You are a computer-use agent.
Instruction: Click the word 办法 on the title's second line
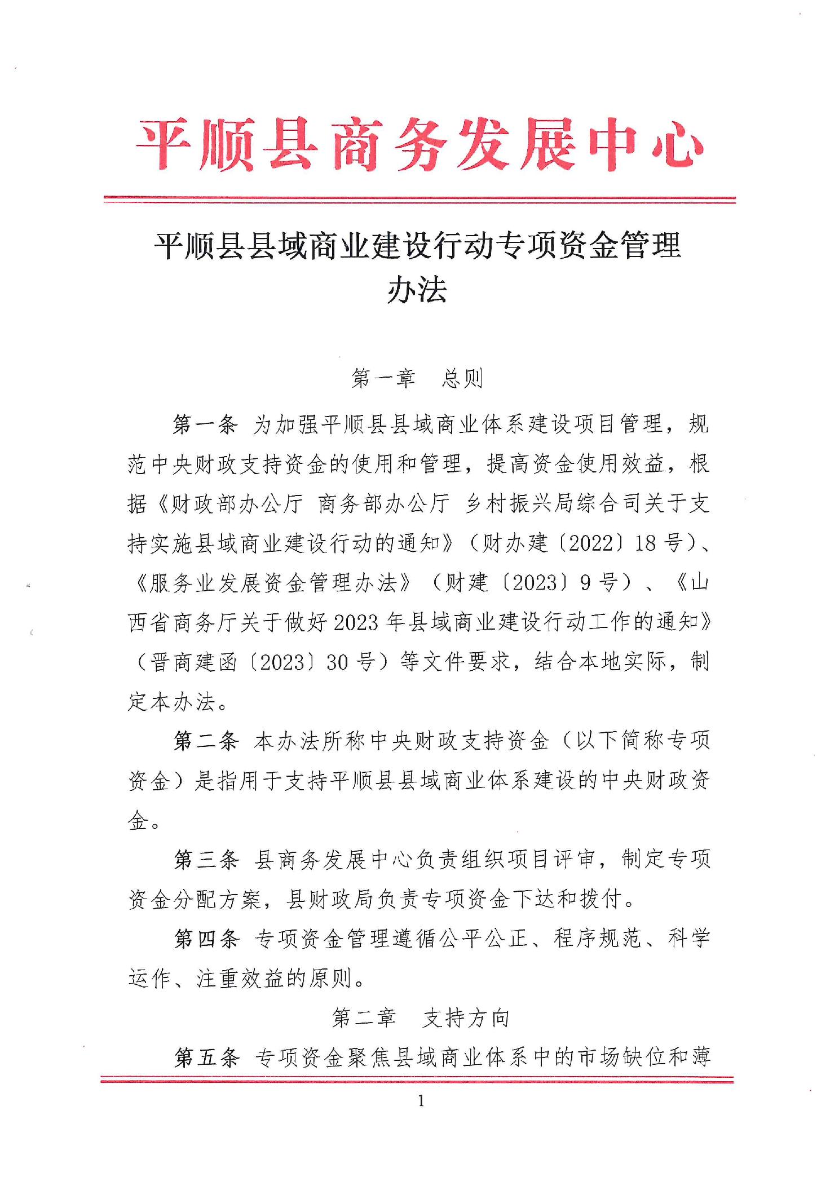[417, 290]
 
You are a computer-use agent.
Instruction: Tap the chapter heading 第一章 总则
[417, 379]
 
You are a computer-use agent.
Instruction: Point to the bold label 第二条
[206, 741]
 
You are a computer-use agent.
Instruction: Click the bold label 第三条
[206, 860]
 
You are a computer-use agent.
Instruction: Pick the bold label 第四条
[206, 939]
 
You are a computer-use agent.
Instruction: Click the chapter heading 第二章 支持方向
[420, 1018]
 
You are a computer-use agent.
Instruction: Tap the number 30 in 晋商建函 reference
[337, 662]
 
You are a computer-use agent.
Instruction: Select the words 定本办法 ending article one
[172, 702]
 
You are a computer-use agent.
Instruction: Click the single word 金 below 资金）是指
[138, 821]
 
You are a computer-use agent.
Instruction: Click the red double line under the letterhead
[419, 199]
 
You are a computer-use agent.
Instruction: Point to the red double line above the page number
[417, 1080]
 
